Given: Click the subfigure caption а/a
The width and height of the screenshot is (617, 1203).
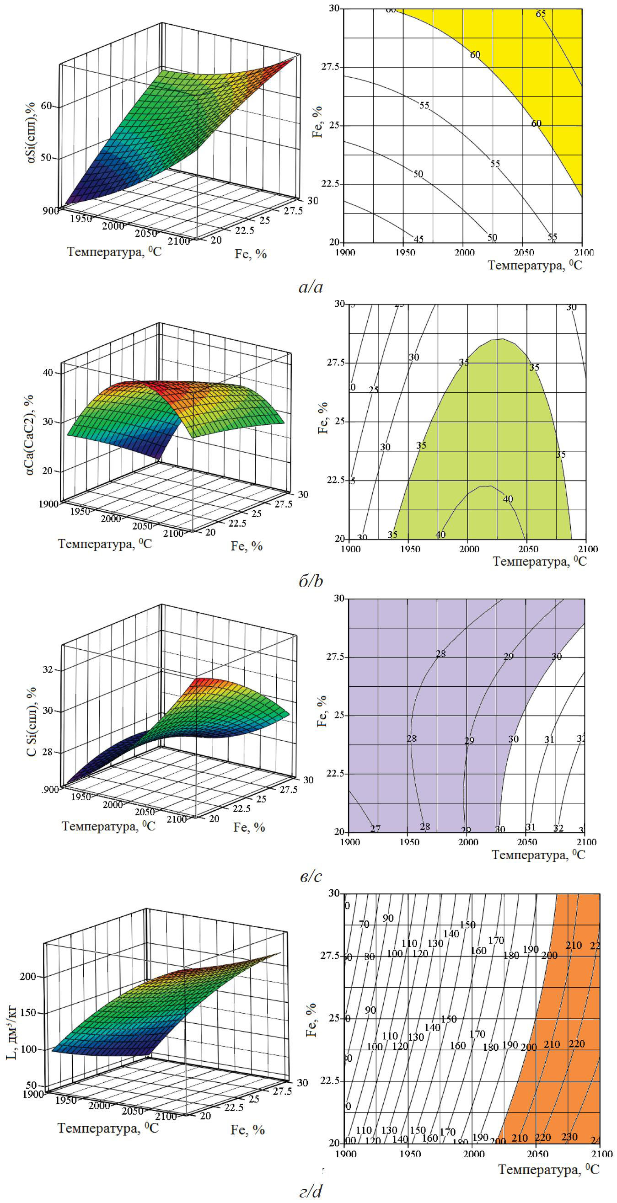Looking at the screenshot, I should point(311,287).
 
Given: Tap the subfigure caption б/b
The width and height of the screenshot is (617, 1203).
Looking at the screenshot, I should point(311,581).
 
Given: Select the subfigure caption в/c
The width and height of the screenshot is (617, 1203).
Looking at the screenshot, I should point(311,876).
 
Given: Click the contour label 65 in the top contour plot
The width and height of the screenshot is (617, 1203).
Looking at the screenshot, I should point(541,14).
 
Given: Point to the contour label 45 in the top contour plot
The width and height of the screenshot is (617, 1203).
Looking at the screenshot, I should point(418,239).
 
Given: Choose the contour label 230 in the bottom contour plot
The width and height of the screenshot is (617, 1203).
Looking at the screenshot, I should point(569,1137).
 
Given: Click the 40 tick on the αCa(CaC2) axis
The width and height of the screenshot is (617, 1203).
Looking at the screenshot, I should point(48,373).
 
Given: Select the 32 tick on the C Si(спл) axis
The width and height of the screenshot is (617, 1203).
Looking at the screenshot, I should point(48,670).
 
